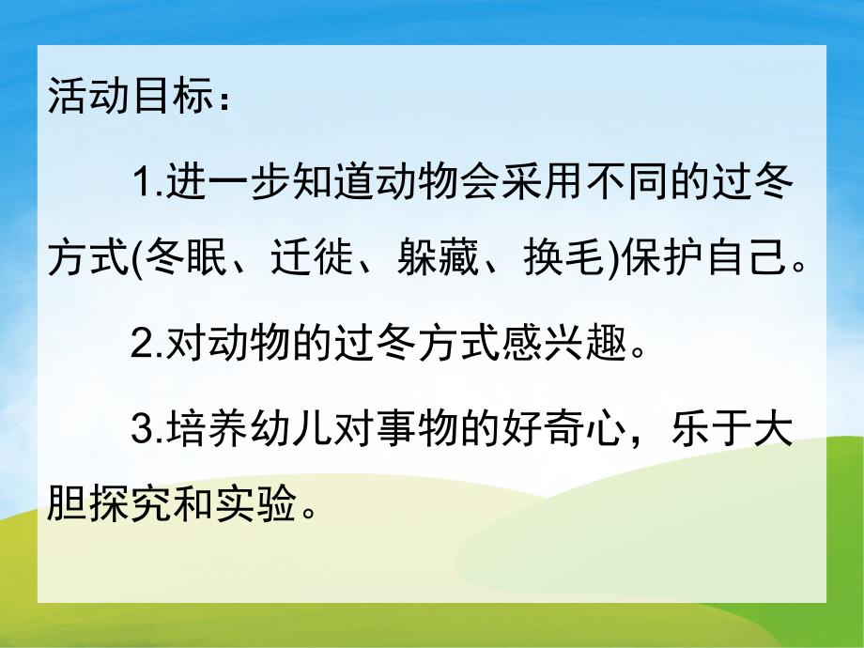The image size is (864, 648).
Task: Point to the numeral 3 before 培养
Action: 143,432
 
